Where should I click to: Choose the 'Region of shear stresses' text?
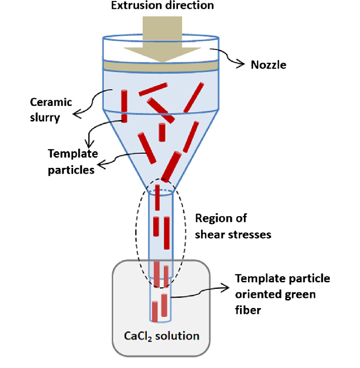(x=226, y=226)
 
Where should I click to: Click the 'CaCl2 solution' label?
(x=162, y=336)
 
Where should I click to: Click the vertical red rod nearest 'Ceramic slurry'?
(x=124, y=105)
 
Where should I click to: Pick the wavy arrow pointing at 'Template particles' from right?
(x=121, y=160)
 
